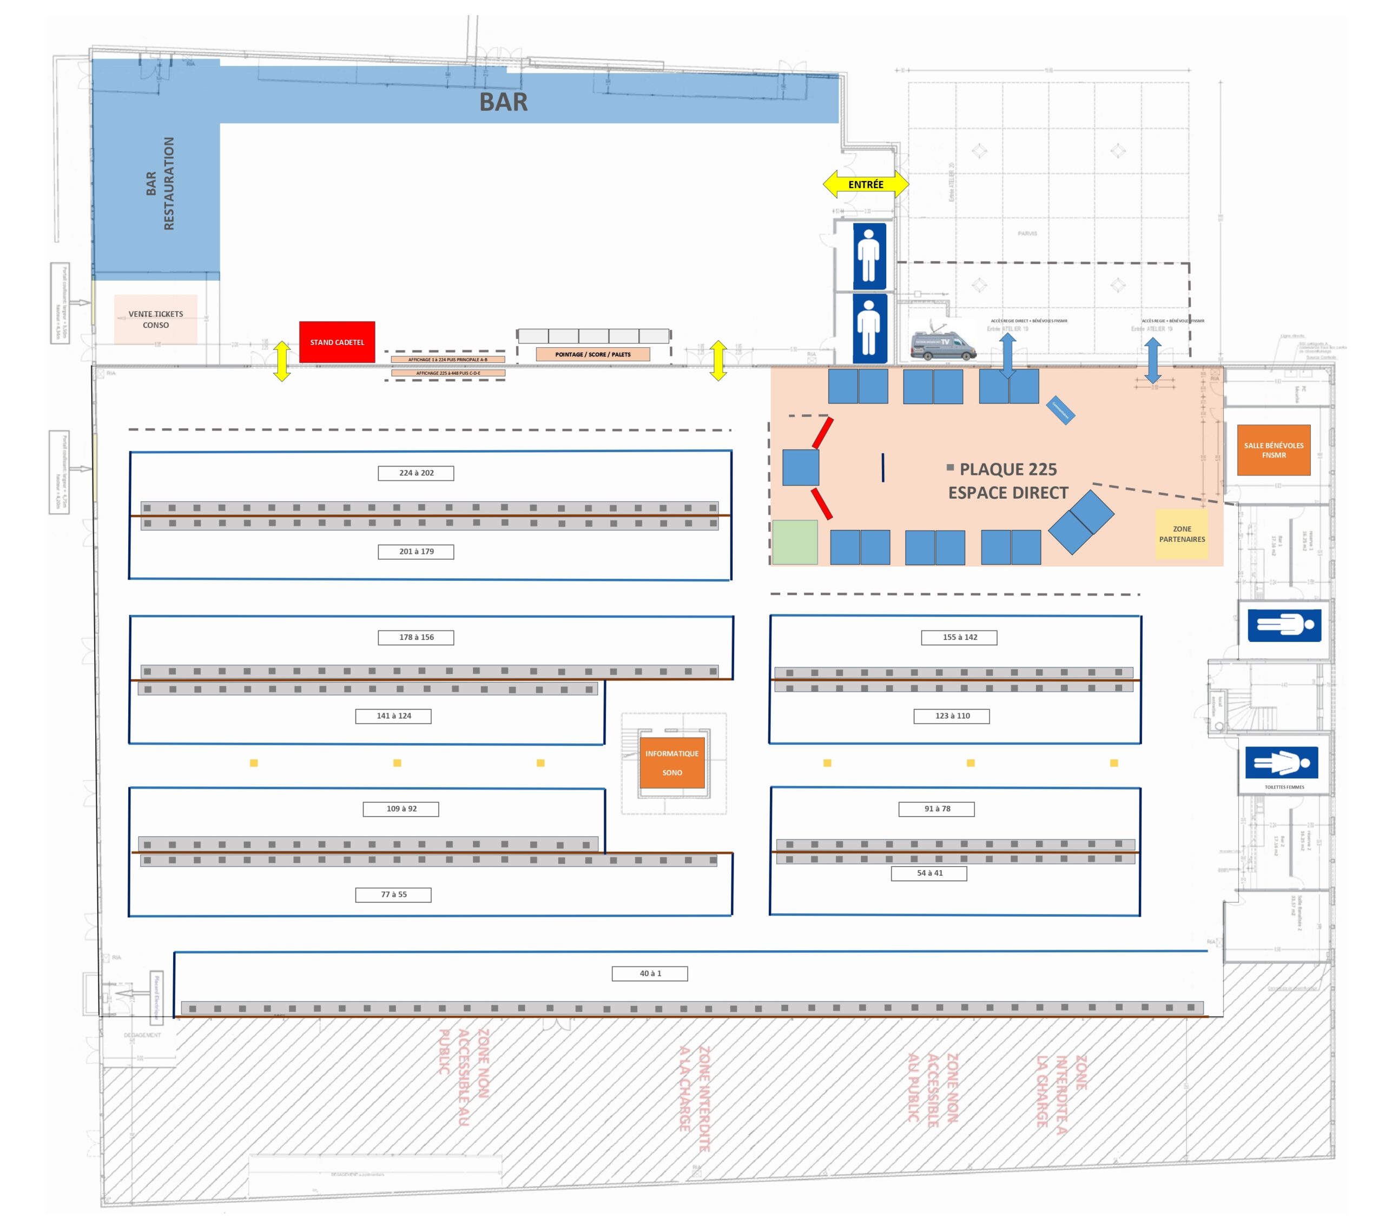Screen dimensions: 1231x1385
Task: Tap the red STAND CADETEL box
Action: tap(337, 342)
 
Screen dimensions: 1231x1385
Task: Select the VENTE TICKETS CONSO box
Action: tap(156, 319)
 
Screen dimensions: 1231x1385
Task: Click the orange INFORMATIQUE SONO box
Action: tap(671, 763)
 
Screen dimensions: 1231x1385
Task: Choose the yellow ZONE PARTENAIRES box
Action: tap(1182, 534)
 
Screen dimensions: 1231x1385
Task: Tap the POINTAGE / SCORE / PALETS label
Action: tap(593, 354)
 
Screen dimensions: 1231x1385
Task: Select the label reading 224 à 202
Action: tap(416, 473)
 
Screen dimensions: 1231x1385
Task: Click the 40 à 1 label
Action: tap(650, 974)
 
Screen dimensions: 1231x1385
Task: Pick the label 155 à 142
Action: tap(959, 638)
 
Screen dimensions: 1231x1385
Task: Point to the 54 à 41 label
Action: tap(929, 873)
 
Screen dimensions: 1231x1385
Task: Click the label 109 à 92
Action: tap(401, 809)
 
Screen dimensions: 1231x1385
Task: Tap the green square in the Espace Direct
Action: tap(795, 542)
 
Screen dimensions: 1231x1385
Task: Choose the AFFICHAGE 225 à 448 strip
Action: tap(448, 373)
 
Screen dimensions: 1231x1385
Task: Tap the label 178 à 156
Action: tap(416, 638)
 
